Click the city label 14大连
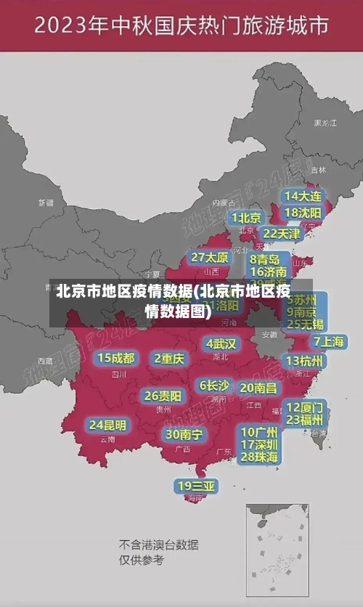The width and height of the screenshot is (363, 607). [x=303, y=196]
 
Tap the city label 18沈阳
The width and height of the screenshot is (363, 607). [x=303, y=212]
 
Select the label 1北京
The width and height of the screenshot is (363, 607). [x=247, y=218]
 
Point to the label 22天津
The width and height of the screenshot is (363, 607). [x=281, y=234]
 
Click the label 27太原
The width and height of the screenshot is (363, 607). [x=210, y=257]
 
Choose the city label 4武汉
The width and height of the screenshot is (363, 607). [x=221, y=343]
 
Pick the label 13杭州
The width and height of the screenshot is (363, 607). [x=305, y=361]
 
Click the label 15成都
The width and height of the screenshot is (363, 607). [x=116, y=358]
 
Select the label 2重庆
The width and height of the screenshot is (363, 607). [x=170, y=358]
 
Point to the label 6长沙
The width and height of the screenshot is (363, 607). [x=215, y=386]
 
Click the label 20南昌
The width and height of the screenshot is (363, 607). [x=258, y=388]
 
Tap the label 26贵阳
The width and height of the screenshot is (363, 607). [x=163, y=396]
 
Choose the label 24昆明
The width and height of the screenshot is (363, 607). [x=107, y=425]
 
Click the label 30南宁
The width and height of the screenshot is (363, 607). [x=184, y=434]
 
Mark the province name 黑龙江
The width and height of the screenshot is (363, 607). [x=325, y=123]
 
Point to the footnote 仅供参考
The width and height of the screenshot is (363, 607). [x=142, y=560]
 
